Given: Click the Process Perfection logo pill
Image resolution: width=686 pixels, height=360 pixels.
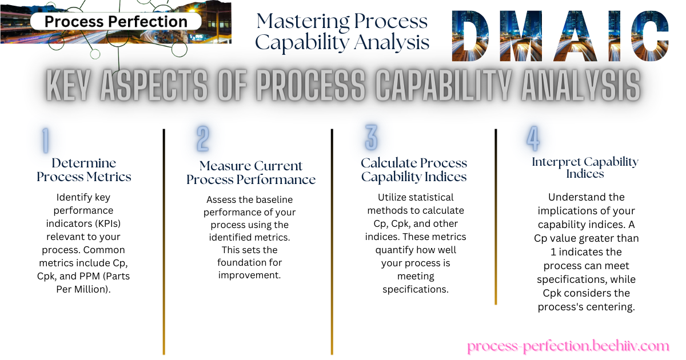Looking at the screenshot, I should pos(115,22).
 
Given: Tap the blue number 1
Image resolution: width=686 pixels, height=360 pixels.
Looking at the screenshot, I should pos(45,141).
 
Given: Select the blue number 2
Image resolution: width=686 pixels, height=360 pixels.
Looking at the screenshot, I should pos(203,139).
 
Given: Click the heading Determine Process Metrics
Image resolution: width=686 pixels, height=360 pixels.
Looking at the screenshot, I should pos(84,170).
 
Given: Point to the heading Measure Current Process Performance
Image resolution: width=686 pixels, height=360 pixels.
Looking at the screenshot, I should pos(251,173).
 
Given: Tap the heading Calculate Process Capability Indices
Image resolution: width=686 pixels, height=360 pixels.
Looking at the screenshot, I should pos(414,170).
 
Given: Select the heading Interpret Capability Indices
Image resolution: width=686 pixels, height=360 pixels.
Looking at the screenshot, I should pos(585,167).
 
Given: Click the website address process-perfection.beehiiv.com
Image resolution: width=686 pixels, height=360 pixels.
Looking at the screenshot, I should pos(568,346).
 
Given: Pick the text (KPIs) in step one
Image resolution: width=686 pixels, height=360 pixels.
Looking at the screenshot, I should pos(104,223).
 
